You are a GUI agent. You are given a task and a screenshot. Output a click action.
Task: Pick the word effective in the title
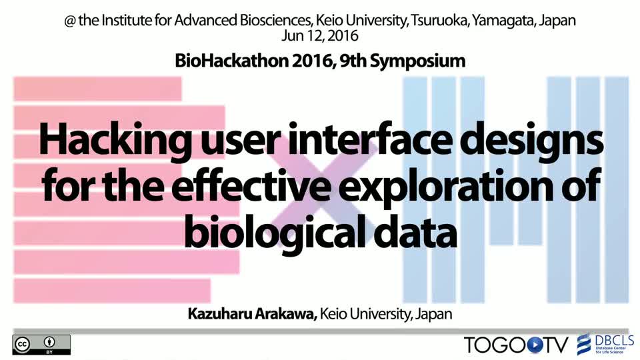251,185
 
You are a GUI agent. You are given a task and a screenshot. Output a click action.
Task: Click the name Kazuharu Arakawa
252,314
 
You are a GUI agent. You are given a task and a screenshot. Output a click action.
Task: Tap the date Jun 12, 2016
319,36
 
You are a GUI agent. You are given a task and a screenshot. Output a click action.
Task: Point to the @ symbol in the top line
70,21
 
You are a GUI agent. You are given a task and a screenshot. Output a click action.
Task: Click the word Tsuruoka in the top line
439,21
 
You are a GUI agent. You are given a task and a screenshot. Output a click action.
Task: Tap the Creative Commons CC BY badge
41,345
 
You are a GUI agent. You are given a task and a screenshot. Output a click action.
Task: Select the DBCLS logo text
614,340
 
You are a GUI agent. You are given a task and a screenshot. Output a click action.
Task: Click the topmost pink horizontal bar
97,89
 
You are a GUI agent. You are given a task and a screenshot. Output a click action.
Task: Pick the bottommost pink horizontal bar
112,291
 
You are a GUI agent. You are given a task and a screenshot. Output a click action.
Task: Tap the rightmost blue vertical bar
617,190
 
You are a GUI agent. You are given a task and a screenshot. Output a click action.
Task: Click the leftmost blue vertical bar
415,190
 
